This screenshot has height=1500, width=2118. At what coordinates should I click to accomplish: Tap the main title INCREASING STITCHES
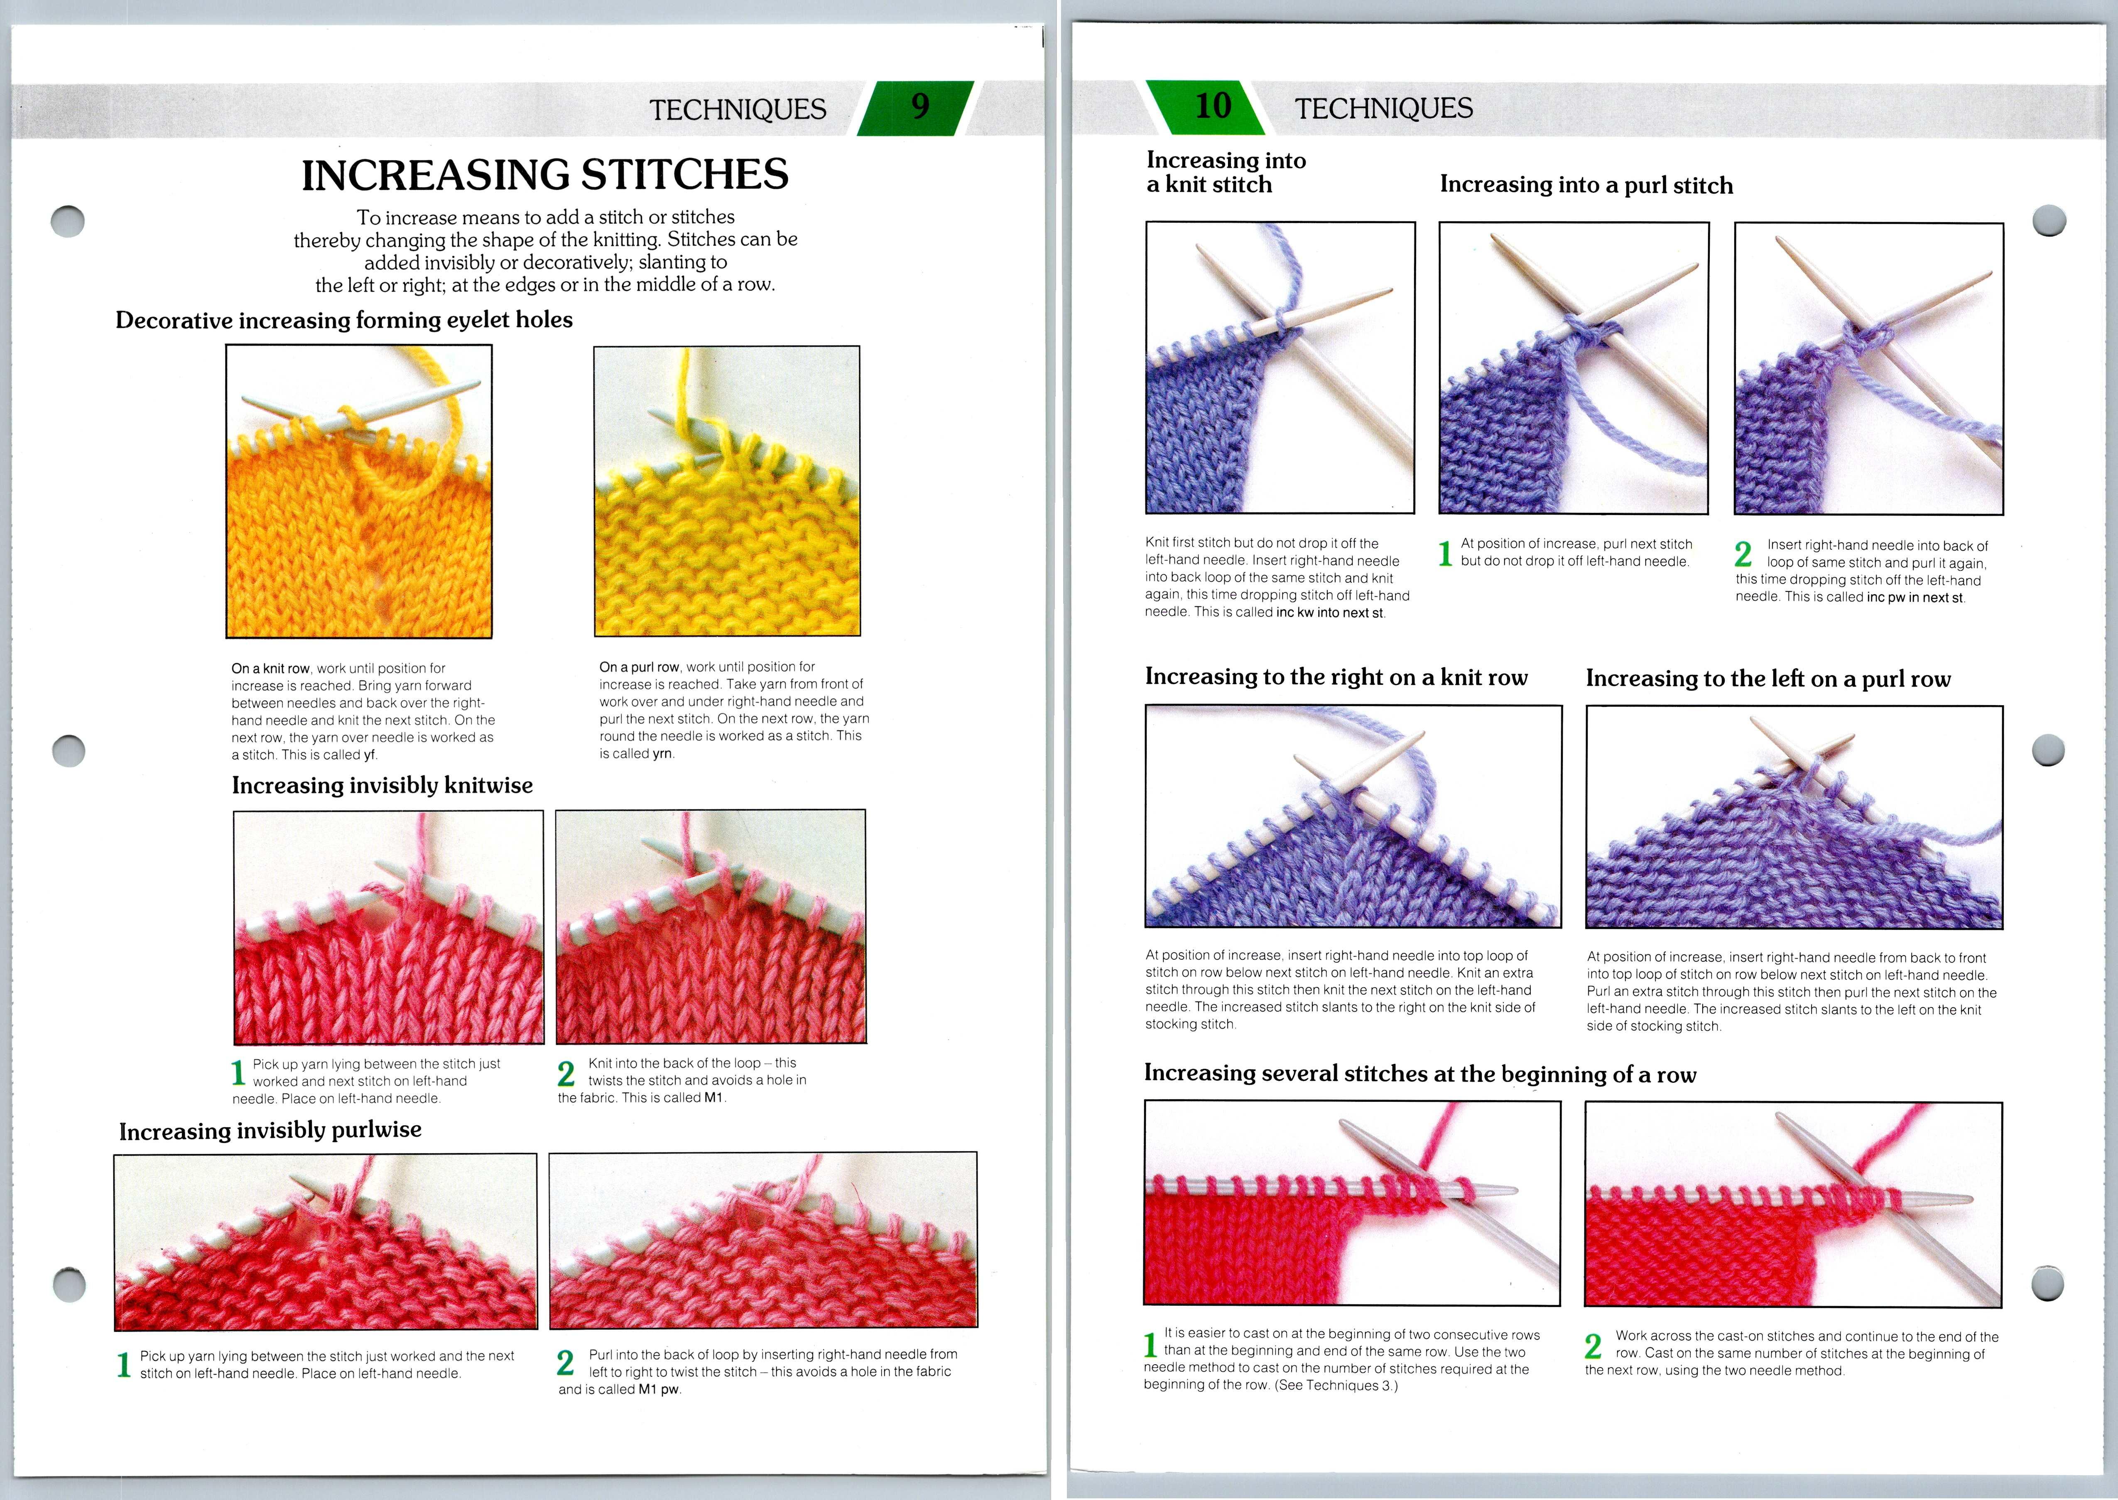point(545,174)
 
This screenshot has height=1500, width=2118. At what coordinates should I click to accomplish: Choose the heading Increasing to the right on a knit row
point(1336,677)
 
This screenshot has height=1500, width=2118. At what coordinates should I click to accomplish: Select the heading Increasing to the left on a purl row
point(1768,679)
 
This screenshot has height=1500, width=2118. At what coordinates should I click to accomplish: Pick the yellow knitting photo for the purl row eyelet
point(727,491)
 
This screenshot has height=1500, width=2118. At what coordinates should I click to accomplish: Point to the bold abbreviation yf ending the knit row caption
point(370,755)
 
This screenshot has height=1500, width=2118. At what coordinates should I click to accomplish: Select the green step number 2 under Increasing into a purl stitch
point(1743,554)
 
